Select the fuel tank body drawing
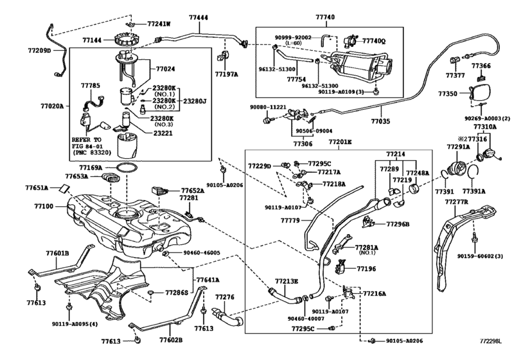[128, 225]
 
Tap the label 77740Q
[373, 39]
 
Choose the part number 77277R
[457, 202]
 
